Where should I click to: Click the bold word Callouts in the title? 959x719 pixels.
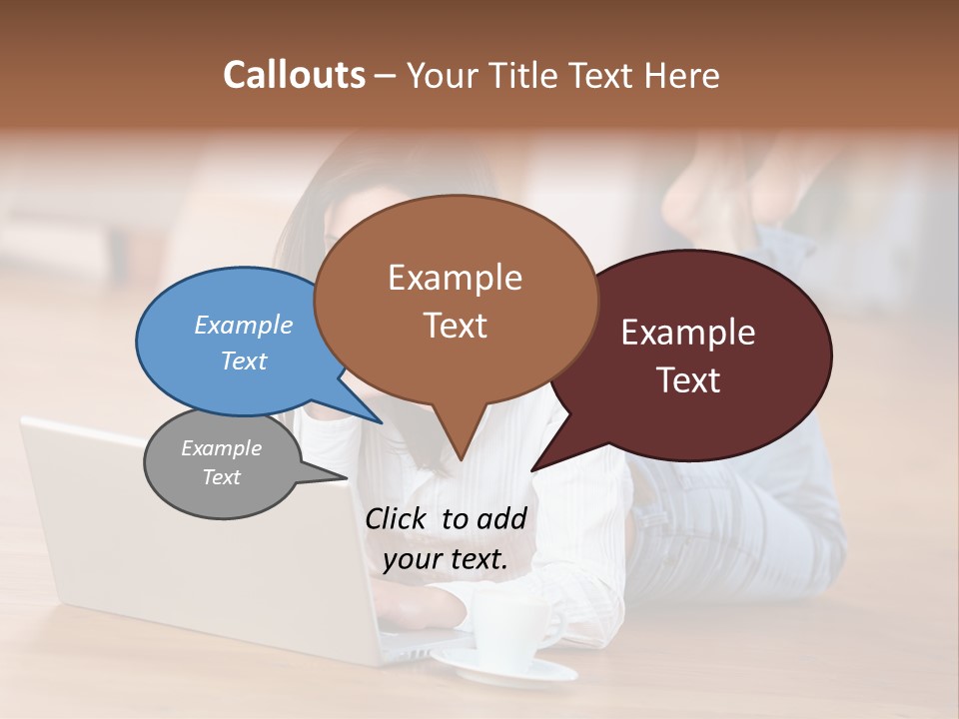[294, 75]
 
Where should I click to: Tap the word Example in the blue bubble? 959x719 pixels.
[244, 325]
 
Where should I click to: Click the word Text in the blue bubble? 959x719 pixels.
[244, 360]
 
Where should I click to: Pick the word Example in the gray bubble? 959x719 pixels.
[221, 448]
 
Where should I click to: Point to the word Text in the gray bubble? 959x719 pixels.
[221, 477]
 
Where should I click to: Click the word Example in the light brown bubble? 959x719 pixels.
[455, 278]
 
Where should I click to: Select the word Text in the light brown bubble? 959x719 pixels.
[455, 326]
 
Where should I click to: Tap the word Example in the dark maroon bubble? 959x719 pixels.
[688, 333]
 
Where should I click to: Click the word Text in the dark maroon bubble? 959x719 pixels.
[688, 380]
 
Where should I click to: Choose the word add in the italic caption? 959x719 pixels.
[501, 518]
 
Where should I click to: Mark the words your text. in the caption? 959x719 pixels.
[445, 559]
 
